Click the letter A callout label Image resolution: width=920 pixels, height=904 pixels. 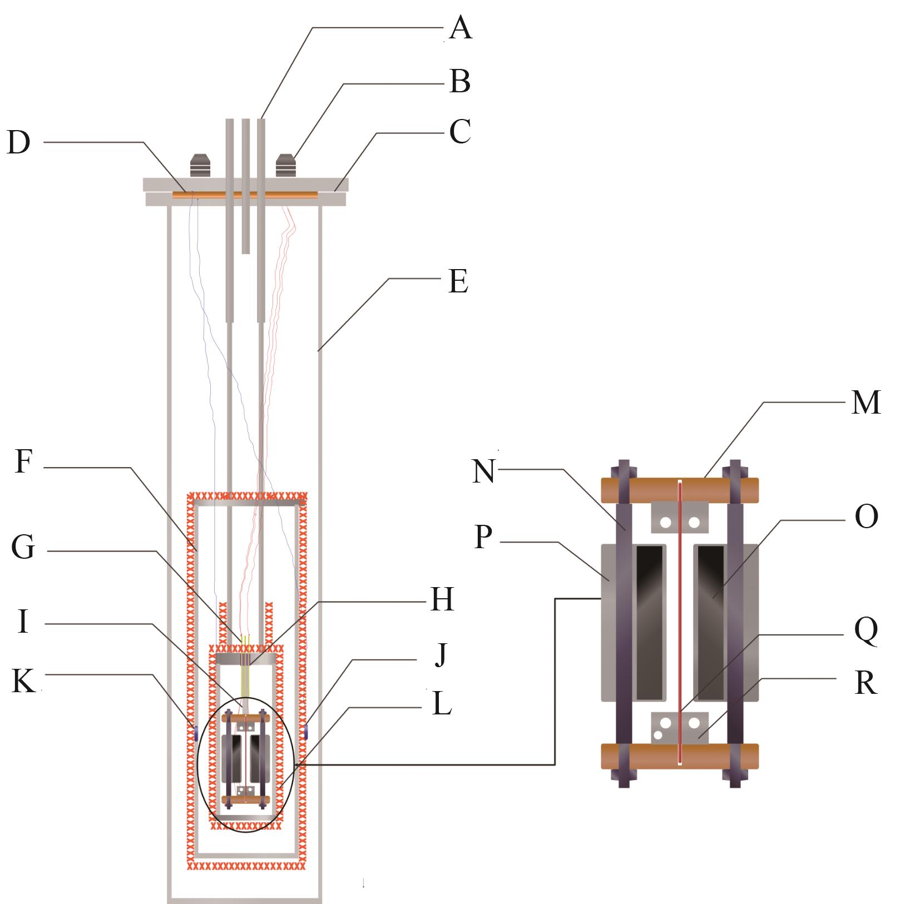pyautogui.click(x=460, y=28)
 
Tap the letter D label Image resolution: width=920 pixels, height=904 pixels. pyautogui.click(x=18, y=143)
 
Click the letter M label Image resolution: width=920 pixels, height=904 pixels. pyautogui.click(x=866, y=402)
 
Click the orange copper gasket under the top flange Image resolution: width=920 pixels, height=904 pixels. pyautogui.click(x=245, y=195)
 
